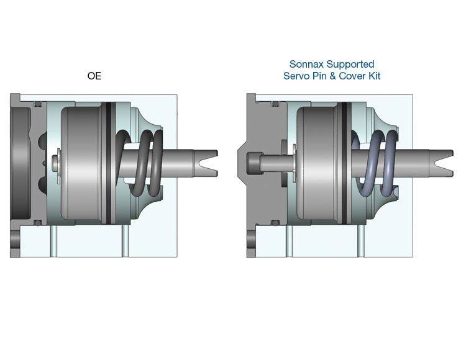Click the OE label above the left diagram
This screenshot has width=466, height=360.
[x=94, y=76]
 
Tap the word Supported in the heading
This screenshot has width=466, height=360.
[x=354, y=65]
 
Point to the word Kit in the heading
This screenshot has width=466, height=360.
[x=375, y=76]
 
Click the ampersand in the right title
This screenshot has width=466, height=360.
[x=333, y=76]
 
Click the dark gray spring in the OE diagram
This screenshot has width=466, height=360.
[x=140, y=163]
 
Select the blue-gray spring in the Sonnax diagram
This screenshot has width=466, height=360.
[x=375, y=163]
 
